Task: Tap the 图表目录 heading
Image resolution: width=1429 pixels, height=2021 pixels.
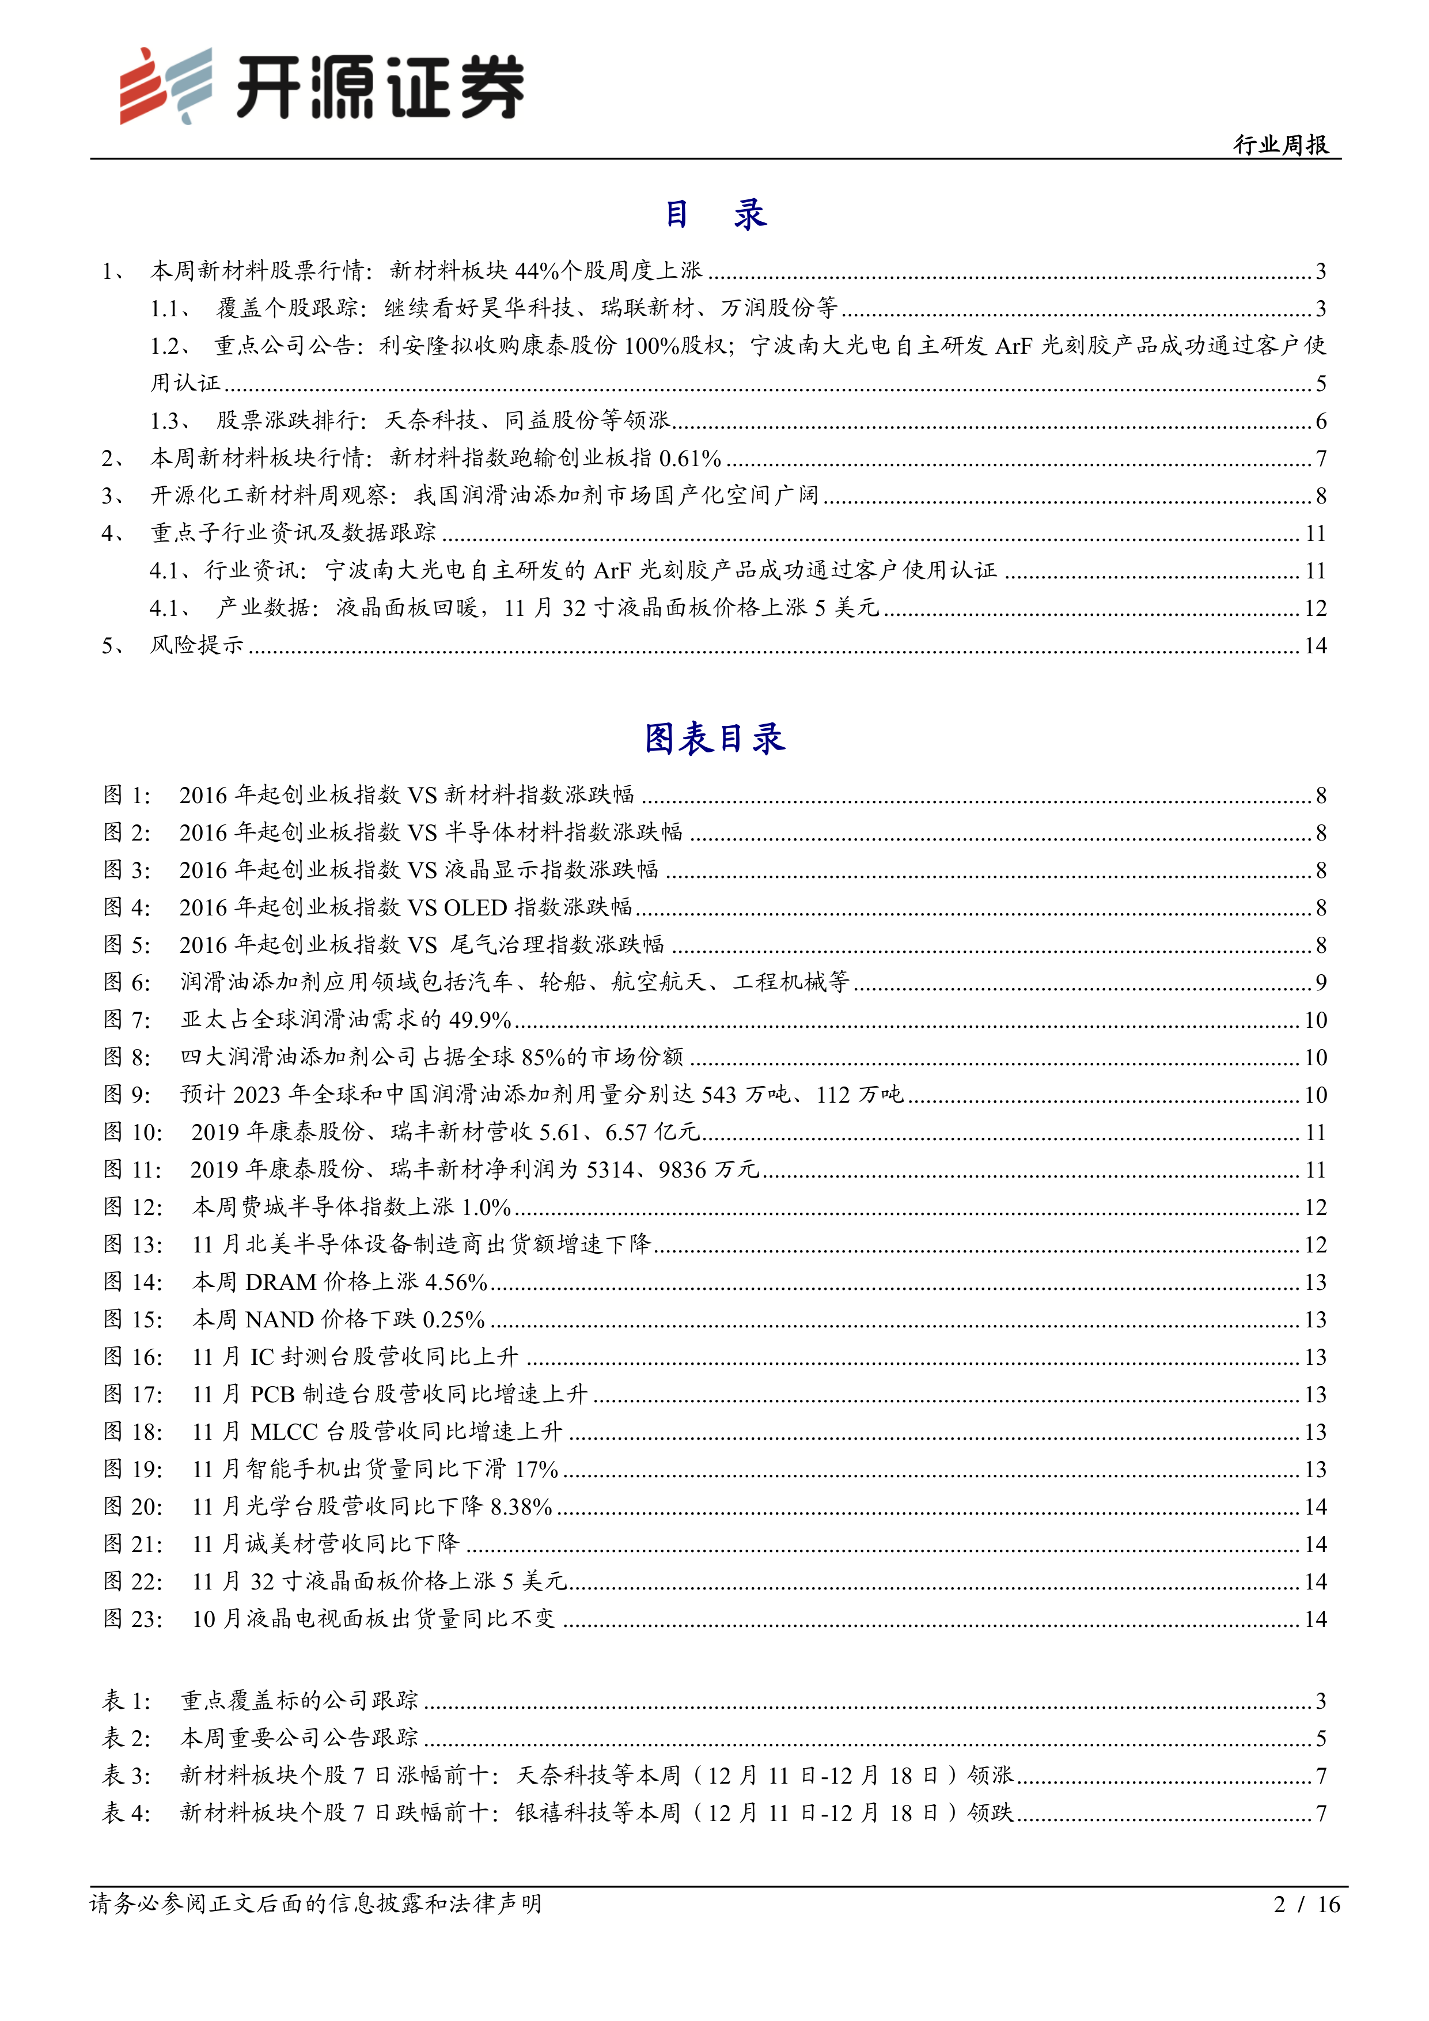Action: (x=714, y=739)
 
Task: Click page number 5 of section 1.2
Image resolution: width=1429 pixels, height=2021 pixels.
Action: (x=1320, y=384)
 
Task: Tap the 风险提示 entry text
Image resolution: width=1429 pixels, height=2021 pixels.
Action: (x=196, y=645)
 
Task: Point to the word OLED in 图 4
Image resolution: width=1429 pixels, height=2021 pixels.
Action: (x=475, y=907)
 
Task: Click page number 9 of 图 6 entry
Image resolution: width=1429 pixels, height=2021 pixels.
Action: (x=1320, y=982)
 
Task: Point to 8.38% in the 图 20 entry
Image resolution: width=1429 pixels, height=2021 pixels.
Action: (x=521, y=1507)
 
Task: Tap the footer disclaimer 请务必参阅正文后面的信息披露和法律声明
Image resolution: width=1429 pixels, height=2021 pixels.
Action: (x=315, y=1905)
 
